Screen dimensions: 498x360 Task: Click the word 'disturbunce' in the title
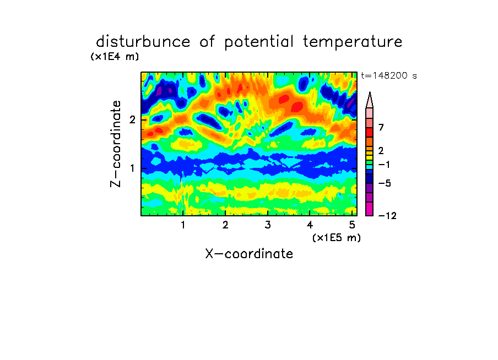click(x=143, y=42)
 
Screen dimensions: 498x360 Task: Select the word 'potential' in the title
click(x=259, y=42)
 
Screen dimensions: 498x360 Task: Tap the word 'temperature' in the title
click(x=353, y=42)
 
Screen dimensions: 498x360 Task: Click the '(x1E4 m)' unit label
click(x=115, y=57)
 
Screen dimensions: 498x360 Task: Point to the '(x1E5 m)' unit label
click(x=337, y=238)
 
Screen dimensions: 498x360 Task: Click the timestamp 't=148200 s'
click(x=389, y=75)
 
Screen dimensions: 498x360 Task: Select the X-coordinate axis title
click(x=250, y=254)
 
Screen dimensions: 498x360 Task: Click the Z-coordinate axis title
click(x=116, y=144)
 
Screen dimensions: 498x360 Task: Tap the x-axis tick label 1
click(x=183, y=225)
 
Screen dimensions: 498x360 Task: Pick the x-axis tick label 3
click(x=268, y=225)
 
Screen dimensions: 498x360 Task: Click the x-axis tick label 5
click(x=352, y=225)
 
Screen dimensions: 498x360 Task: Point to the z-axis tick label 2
click(x=132, y=120)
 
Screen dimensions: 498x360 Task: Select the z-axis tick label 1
click(x=132, y=168)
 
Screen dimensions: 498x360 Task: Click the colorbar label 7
click(x=381, y=128)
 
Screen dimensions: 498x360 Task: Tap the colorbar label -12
click(x=387, y=216)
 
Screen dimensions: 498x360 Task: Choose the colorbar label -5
click(x=385, y=183)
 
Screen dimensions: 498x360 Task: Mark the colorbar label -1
click(x=383, y=165)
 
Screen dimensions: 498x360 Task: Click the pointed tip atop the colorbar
click(x=370, y=92)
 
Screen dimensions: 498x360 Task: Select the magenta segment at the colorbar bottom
click(x=370, y=209)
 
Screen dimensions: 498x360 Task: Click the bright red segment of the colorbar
click(x=370, y=132)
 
